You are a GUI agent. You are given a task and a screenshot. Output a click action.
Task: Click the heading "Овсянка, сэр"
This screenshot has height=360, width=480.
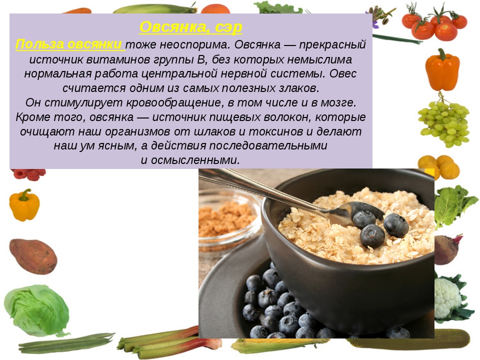coord(190,27)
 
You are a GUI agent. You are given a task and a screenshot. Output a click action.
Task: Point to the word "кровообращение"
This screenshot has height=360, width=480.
coord(174,102)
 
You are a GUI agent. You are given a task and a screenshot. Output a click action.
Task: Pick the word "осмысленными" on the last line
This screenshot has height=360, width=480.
coord(195,160)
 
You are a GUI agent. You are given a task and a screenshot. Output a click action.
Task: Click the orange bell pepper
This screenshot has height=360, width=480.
coord(442,70)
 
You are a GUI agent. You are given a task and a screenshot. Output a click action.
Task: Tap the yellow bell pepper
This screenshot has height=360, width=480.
coord(24,205)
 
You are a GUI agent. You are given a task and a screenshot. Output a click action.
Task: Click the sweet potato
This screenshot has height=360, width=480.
coord(33,256)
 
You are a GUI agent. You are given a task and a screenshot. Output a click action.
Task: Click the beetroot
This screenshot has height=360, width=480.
coord(447,249)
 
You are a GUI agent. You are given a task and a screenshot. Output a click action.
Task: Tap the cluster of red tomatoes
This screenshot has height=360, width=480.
coord(434,23)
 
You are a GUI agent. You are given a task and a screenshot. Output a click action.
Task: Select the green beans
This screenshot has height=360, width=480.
coord(66,343)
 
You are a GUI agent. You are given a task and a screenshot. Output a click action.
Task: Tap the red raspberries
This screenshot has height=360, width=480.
coord(29,174)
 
